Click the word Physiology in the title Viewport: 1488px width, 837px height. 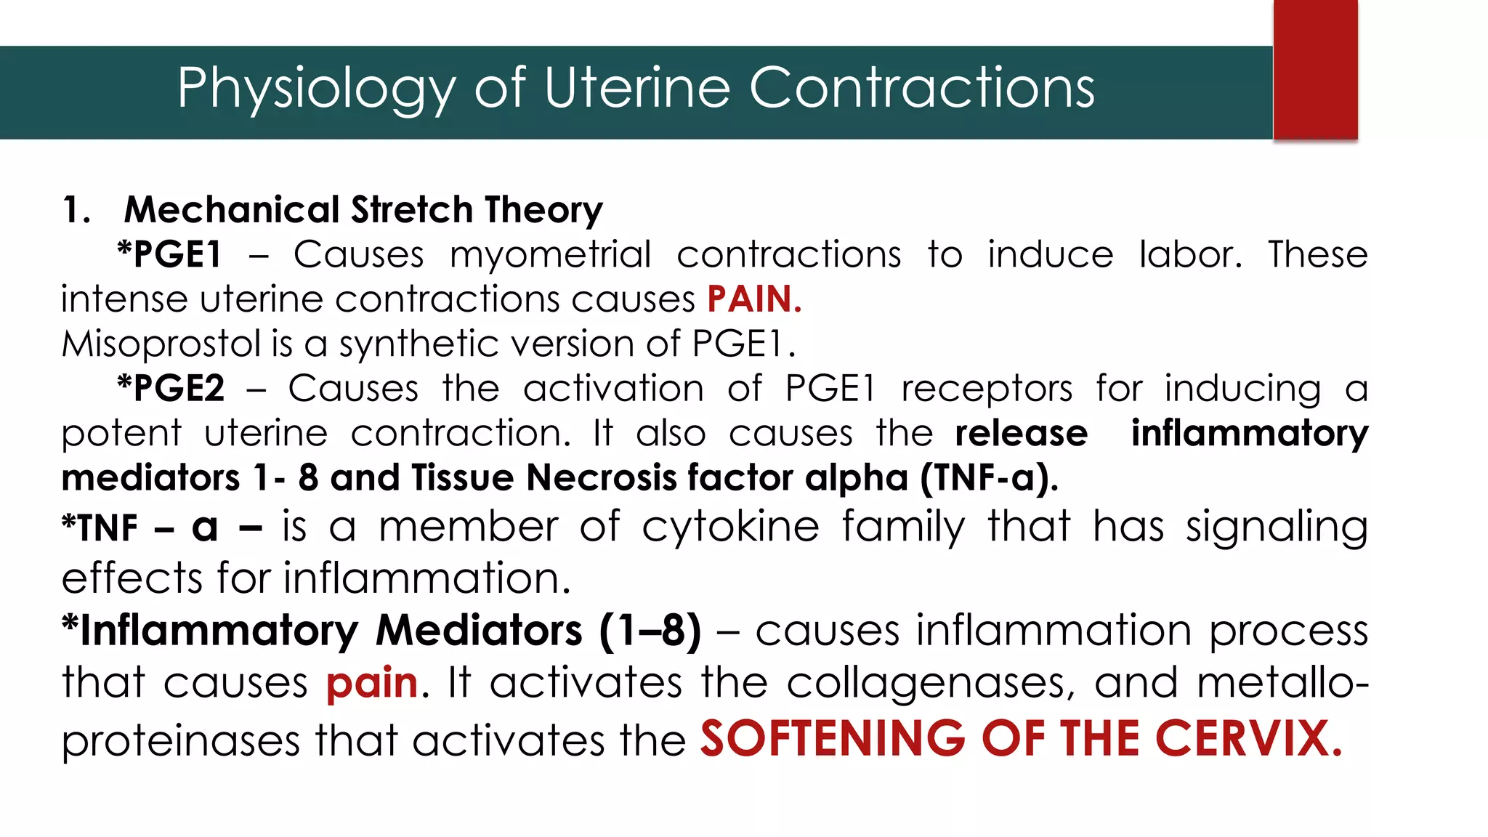click(x=316, y=89)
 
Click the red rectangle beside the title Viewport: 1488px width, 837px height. click(x=1315, y=70)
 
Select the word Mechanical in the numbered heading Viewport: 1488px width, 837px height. click(x=232, y=210)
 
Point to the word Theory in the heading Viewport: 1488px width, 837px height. click(x=543, y=210)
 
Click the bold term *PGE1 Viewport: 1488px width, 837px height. click(x=169, y=255)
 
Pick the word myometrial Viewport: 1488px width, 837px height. click(x=550, y=255)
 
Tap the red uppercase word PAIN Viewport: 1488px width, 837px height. click(x=754, y=299)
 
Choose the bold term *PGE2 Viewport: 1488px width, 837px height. click(x=171, y=389)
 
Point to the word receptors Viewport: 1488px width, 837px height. click(x=986, y=389)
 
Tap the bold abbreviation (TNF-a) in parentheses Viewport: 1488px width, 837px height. click(x=988, y=478)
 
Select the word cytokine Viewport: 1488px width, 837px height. click(x=730, y=527)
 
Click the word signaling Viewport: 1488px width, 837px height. click(x=1277, y=528)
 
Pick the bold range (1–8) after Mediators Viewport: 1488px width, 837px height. click(x=650, y=630)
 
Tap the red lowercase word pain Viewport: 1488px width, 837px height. click(x=372, y=684)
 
